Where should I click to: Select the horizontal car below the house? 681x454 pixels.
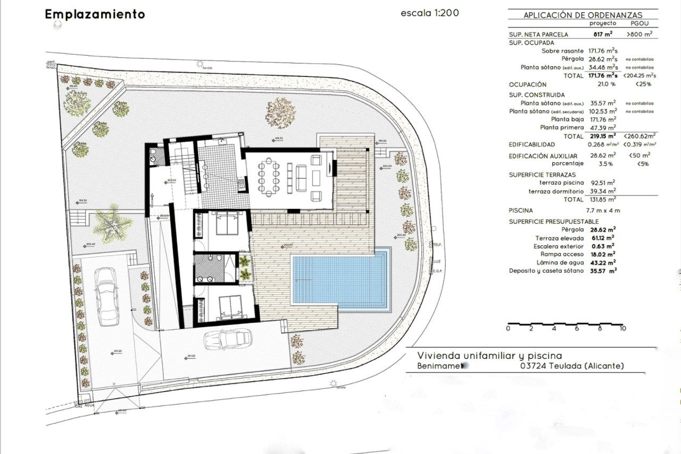(227, 339)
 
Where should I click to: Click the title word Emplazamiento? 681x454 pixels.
(95, 14)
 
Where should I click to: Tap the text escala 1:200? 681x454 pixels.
(430, 13)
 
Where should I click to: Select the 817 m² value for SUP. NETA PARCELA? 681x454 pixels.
(603, 34)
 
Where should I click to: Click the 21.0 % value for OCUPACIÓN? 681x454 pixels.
(606, 84)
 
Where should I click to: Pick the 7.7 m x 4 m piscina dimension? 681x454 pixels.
(603, 211)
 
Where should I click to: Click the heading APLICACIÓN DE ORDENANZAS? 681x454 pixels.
(583, 15)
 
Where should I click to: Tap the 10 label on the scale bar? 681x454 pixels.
(622, 328)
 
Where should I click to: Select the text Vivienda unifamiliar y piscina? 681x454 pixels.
(489, 356)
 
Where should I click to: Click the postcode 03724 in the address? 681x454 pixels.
(533, 366)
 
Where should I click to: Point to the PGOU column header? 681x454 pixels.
(640, 23)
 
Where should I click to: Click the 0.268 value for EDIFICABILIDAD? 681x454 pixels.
(596, 145)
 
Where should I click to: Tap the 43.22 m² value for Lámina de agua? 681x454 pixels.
(603, 263)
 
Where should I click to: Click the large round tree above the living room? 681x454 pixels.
(280, 113)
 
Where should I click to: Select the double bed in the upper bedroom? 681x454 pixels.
(227, 223)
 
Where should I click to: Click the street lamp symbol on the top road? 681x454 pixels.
(200, 64)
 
